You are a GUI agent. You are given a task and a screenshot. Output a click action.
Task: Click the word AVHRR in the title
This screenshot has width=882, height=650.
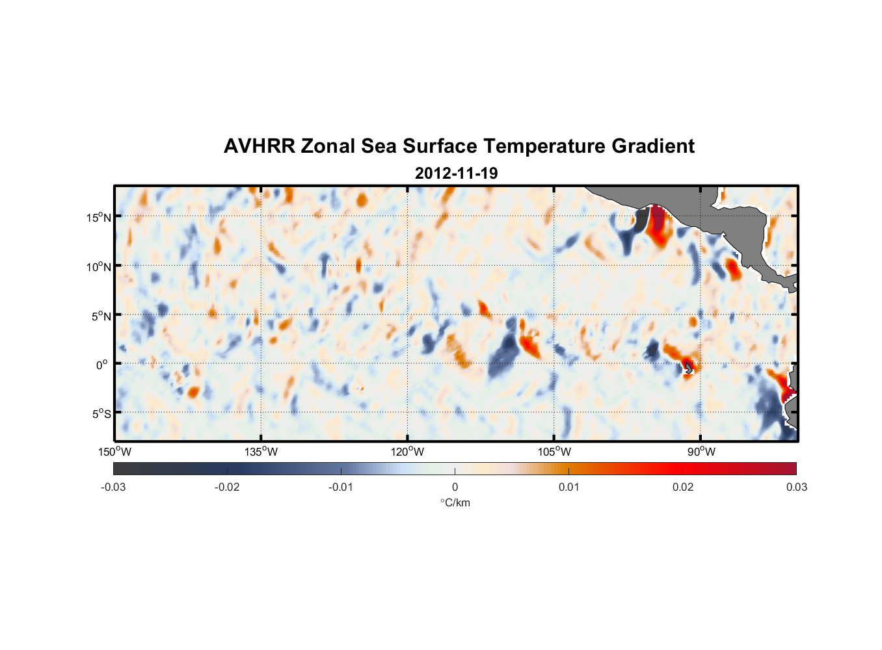point(259,146)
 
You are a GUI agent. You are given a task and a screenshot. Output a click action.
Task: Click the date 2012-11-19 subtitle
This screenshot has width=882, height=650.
point(456,174)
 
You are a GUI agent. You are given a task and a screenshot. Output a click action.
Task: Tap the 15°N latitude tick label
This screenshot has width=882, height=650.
point(99,217)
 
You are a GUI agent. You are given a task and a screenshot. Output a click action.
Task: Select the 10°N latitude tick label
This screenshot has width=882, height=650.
point(99,266)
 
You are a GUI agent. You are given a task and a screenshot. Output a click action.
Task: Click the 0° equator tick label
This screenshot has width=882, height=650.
point(102,365)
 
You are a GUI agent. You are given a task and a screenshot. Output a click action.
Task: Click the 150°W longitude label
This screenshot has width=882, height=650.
point(114,452)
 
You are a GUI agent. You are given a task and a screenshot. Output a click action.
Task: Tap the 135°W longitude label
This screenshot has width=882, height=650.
point(261,452)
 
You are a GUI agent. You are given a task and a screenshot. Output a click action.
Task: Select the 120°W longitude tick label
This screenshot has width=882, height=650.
point(408,452)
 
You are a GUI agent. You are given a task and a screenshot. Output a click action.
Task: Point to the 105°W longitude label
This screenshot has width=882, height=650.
point(554,452)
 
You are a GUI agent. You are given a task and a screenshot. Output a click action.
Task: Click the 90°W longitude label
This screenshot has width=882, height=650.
point(701,452)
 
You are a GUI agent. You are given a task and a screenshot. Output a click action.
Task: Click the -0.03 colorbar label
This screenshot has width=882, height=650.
point(113,487)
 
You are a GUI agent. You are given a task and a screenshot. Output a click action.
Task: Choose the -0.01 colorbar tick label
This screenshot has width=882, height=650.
point(341,487)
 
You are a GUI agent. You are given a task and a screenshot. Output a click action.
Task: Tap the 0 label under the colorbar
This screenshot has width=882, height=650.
point(455,487)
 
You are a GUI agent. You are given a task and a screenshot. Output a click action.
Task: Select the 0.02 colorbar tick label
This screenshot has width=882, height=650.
point(683,487)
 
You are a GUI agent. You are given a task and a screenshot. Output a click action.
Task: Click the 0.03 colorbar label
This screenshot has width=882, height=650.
point(796,487)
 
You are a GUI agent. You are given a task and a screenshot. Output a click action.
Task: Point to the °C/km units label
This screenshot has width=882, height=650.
point(455,502)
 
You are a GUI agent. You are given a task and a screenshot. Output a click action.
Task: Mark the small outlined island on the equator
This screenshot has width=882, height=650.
point(688,369)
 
